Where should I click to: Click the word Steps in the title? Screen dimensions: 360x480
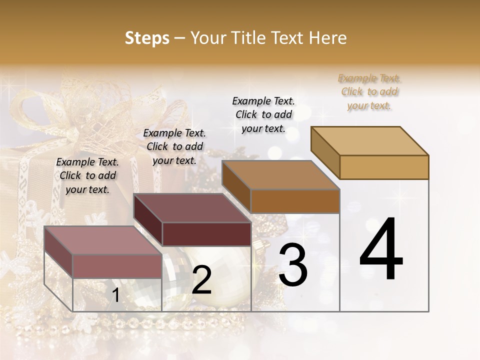147,38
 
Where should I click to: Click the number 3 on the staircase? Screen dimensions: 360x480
293,264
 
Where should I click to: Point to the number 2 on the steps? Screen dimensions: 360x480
201,280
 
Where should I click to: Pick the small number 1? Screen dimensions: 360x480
115,295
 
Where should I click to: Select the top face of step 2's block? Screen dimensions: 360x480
192,208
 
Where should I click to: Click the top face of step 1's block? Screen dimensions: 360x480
103,240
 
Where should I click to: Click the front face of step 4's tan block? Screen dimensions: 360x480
384,167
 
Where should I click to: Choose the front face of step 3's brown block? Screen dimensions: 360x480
295,201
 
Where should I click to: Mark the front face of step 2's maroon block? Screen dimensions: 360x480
206,234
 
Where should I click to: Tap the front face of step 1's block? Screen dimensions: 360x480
117,266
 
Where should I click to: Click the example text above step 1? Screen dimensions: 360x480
87,175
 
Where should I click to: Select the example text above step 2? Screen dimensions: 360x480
174,146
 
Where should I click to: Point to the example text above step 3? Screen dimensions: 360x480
263,114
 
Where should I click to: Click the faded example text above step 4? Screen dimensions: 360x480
369,91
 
